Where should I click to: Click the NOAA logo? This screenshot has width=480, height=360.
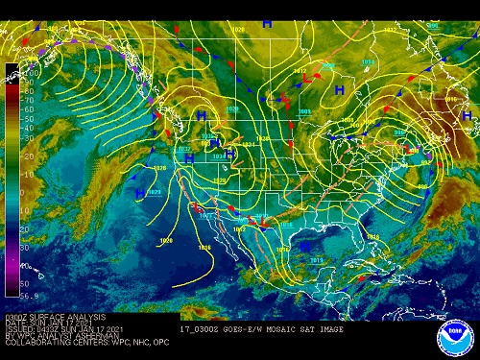(454, 337)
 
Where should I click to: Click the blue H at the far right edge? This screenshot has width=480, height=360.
(468, 115)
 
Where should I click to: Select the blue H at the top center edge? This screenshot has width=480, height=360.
(267, 21)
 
